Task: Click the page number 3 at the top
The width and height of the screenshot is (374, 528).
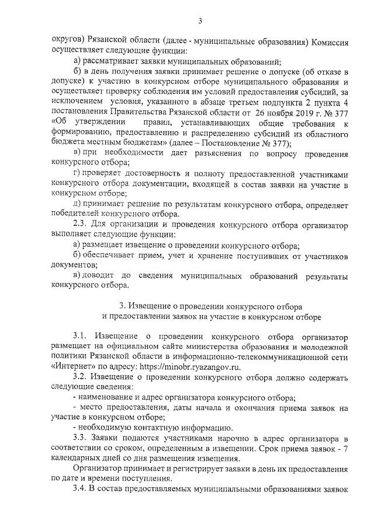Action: coord(199,22)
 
